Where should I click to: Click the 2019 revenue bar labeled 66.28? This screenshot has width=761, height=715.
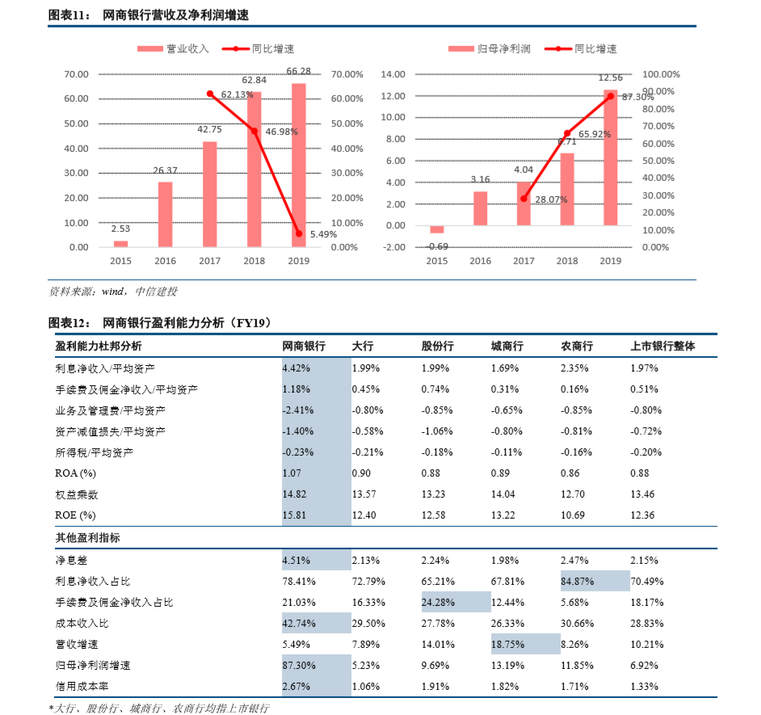tap(298, 165)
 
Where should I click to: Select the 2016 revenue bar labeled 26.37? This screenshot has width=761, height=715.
tap(165, 214)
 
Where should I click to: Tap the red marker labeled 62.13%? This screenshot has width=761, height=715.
tap(210, 94)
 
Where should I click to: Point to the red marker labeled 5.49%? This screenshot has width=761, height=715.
tap(299, 234)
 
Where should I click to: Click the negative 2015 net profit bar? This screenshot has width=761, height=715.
tap(436, 229)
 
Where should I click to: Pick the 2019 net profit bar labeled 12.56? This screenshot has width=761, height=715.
tap(611, 157)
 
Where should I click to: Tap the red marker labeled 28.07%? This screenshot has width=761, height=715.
tap(523, 199)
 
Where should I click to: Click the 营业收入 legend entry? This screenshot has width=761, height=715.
tap(174, 48)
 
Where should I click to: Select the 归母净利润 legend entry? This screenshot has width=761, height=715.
tap(490, 48)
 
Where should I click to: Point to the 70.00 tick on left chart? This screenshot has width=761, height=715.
tap(77, 74)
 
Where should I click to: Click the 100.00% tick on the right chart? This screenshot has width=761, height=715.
tap(661, 74)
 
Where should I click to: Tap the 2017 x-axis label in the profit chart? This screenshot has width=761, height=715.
tap(523, 261)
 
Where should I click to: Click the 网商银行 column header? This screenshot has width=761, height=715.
tap(303, 346)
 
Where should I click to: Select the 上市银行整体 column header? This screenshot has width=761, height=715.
tap(662, 346)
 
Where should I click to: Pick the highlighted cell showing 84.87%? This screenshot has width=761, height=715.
tap(595, 581)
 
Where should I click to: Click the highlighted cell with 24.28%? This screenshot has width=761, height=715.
tap(456, 602)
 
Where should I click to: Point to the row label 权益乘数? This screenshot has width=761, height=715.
tap(77, 494)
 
